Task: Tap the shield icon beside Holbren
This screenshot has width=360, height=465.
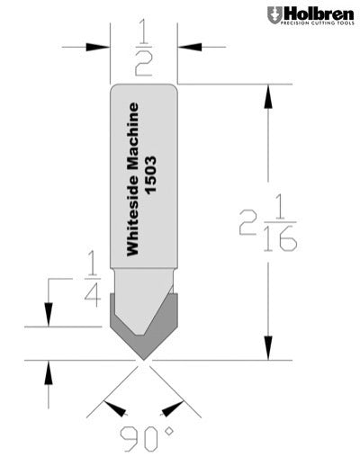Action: pyautogui.click(x=274, y=15)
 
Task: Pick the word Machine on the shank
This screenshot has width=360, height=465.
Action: pyautogui.click(x=135, y=139)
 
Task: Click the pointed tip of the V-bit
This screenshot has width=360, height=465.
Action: pyautogui.click(x=143, y=360)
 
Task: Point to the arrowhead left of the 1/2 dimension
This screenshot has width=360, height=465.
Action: pyautogui.click(x=100, y=47)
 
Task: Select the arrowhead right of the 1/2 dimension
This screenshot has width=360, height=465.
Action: pyautogui.click(x=188, y=47)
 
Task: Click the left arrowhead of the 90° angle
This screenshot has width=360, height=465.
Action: pyautogui.click(x=114, y=410)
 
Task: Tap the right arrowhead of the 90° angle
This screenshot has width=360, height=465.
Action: pyautogui.click(x=172, y=410)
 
